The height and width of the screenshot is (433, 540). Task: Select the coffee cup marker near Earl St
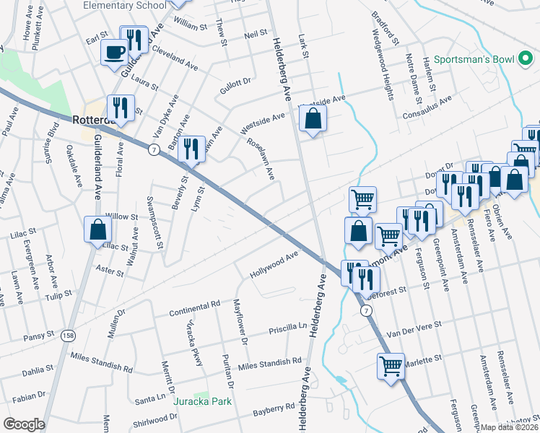(x=116, y=53)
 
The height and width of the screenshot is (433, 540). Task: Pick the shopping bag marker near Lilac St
(x=97, y=230)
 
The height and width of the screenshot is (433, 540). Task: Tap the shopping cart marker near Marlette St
(x=391, y=365)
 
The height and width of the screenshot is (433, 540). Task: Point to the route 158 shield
(x=68, y=336)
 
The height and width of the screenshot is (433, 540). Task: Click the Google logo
(x=24, y=424)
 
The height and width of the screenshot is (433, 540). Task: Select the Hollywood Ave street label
(x=274, y=266)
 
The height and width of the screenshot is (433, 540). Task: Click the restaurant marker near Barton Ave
(x=191, y=150)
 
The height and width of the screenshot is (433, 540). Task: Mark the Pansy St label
(x=38, y=335)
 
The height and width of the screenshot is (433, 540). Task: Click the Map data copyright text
(x=510, y=427)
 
